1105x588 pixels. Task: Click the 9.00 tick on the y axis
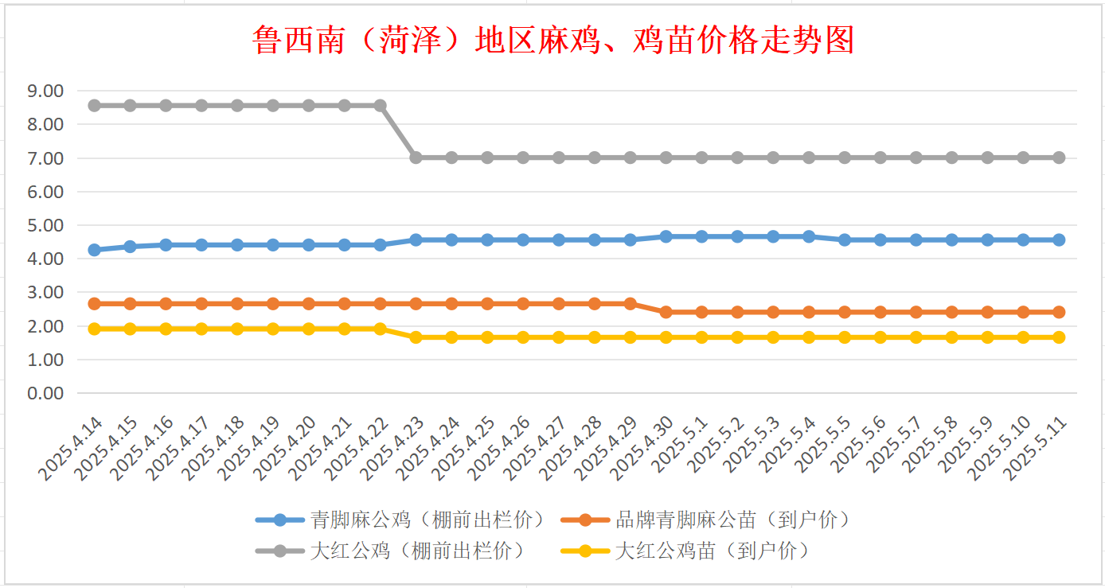[45, 91]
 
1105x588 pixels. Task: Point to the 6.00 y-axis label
[45, 192]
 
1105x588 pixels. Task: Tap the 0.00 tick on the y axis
[45, 393]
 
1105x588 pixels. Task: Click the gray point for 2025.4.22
[380, 105]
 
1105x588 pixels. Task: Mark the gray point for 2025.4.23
[416, 158]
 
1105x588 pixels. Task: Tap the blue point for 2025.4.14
[94, 250]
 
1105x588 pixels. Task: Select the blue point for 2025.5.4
[809, 236]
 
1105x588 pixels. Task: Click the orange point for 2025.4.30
[666, 312]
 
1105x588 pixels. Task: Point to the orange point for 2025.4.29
[630, 304]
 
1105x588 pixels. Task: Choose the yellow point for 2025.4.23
[416, 337]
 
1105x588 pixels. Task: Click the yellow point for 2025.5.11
[1059, 337]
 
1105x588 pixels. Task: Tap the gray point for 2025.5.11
[1059, 158]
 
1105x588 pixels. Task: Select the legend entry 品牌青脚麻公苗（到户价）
[705, 520]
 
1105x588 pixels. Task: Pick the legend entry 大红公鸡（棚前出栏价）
[390, 550]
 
